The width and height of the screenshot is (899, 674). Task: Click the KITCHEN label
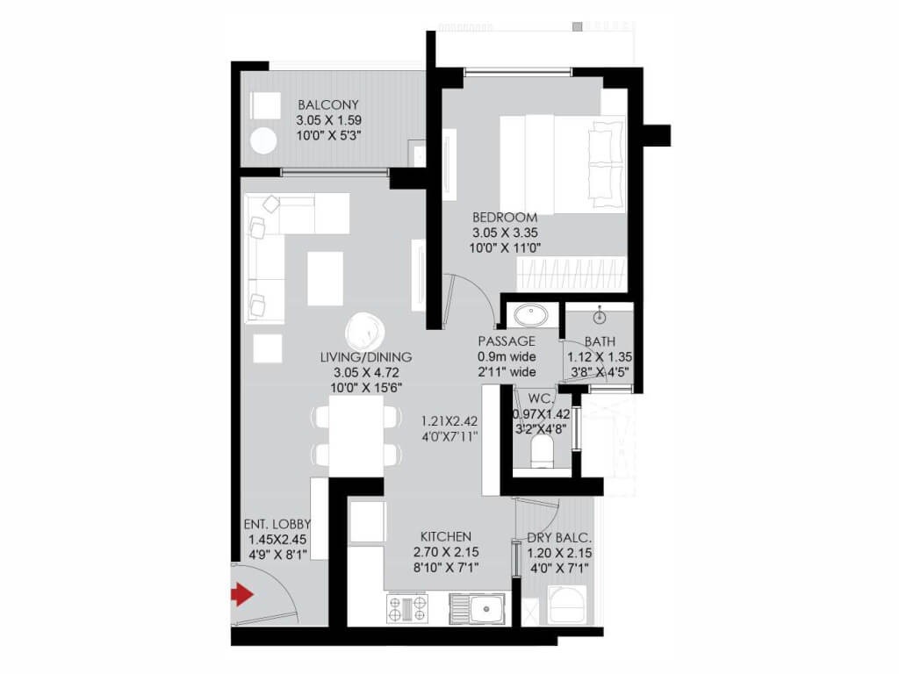coord(445,536)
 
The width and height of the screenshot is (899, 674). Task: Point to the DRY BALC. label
coord(559,537)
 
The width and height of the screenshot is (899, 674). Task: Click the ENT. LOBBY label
coord(277,525)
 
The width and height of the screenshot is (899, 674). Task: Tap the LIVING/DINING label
coord(367,357)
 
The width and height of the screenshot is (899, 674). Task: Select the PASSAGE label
coord(507,341)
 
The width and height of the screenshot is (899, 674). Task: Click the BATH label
coord(600,341)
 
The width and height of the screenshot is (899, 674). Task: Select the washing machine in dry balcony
coord(561,605)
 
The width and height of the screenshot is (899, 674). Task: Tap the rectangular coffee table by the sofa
coord(325,278)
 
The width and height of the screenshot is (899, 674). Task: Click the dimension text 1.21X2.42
coord(448,419)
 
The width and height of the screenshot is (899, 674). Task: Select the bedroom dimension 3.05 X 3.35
coord(504,233)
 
